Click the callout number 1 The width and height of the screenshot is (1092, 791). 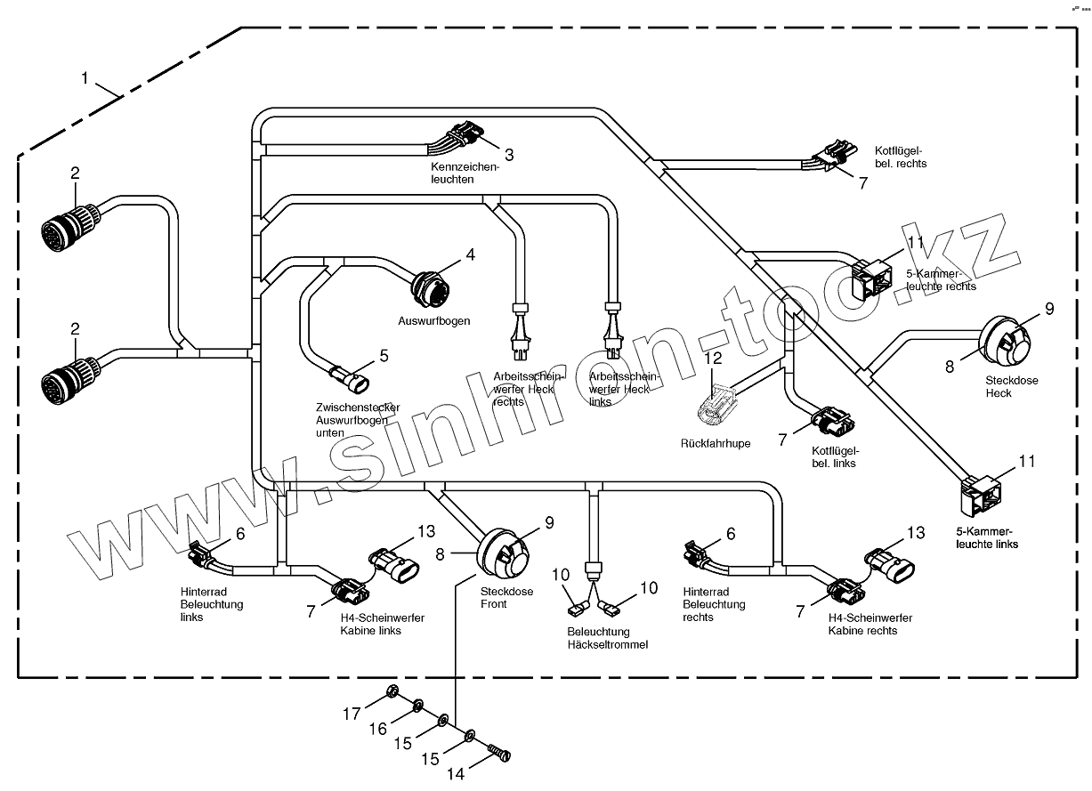point(85,78)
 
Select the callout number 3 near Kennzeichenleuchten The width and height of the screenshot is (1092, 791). point(509,153)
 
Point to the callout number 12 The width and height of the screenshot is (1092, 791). point(713,359)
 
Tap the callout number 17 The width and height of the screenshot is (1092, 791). point(352,713)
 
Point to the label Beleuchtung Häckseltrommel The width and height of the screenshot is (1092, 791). point(606,638)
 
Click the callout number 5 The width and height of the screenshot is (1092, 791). point(384,356)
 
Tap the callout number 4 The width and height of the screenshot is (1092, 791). point(470,255)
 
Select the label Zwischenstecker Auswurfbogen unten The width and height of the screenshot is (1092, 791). point(351,419)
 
